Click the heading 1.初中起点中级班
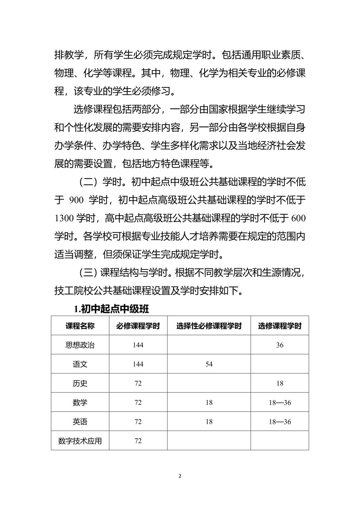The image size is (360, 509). point(111,309)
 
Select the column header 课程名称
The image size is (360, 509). point(80,326)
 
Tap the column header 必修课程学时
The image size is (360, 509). point(138,326)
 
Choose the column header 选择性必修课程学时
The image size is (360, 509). point(209,326)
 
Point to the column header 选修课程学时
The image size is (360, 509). point(279,326)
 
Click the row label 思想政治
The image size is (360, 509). point(80,345)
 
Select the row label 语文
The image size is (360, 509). point(80,364)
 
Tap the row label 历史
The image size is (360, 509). point(80,383)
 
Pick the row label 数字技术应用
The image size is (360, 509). point(80,441)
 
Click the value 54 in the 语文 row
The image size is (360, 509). point(209,364)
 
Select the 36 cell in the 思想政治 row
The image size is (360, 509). point(279,345)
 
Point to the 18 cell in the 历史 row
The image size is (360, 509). point(279,383)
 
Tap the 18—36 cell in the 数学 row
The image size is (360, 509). point(279,402)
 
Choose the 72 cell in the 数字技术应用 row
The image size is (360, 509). point(138,441)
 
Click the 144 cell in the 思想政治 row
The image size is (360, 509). point(138,345)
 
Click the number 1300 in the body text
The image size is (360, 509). point(64,218)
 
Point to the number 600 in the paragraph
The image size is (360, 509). point(298,218)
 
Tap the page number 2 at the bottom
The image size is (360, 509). point(180,476)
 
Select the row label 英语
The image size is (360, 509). point(80,421)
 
